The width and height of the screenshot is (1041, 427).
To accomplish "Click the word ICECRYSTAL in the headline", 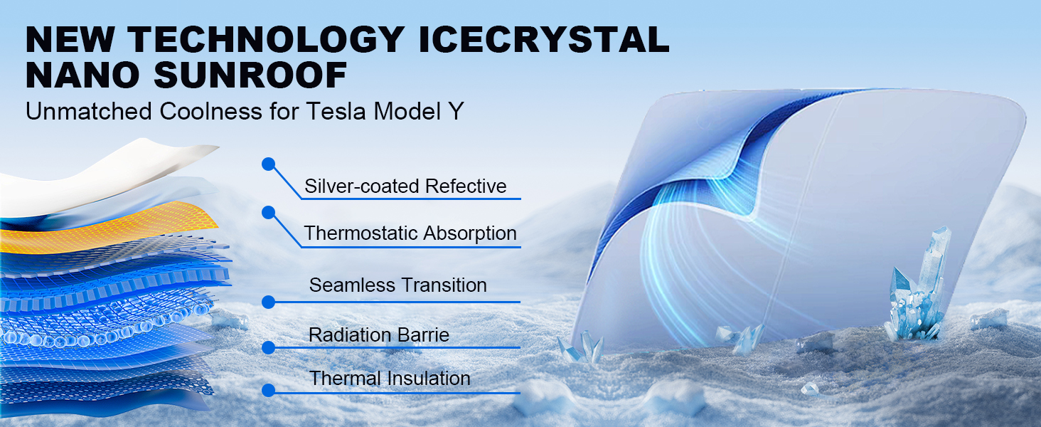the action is click(544, 40).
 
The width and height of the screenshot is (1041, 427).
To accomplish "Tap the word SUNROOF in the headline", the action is click(250, 75).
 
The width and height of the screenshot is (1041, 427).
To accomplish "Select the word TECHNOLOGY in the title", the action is click(266, 40).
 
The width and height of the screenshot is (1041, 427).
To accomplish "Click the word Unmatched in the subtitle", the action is click(89, 111).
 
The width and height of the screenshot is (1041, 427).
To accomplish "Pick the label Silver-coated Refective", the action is click(405, 186).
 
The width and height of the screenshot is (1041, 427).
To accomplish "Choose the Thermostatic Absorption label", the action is click(410, 233).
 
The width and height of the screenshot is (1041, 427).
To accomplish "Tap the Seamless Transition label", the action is click(397, 285).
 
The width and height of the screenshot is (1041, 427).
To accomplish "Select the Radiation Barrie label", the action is click(379, 335).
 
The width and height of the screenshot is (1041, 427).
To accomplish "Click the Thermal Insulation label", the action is click(390, 378).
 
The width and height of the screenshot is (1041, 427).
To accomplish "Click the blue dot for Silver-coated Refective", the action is click(268, 164).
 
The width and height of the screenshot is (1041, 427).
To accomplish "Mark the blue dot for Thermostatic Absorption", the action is click(268, 213).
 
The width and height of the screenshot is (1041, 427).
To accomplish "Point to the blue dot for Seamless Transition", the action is click(268, 302).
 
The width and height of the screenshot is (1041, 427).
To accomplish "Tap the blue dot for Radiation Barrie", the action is click(268, 347).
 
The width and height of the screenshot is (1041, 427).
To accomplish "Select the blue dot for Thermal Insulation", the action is click(268, 390).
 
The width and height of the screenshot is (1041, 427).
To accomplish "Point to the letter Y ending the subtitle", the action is click(456, 111).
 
